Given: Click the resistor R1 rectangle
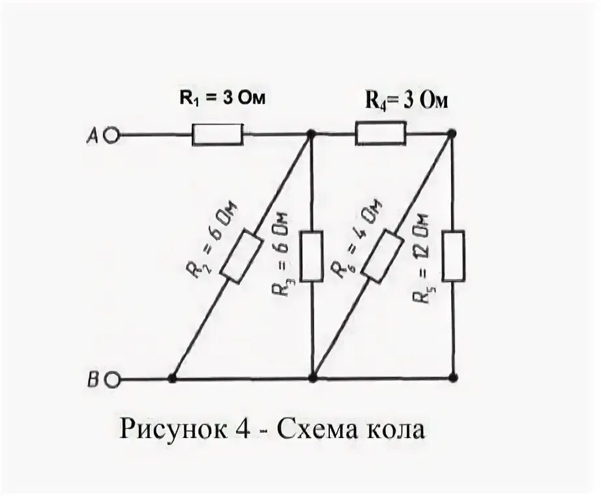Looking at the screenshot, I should (217, 136).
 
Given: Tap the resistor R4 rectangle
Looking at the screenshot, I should (381, 136).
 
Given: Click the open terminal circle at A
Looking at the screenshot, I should (111, 136).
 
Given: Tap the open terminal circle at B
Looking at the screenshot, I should (111, 378).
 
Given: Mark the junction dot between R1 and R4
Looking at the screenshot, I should (311, 134).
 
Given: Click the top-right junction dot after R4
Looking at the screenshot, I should (453, 134).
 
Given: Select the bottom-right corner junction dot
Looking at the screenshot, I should (453, 378).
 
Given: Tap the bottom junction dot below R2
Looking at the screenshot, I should (172, 378).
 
